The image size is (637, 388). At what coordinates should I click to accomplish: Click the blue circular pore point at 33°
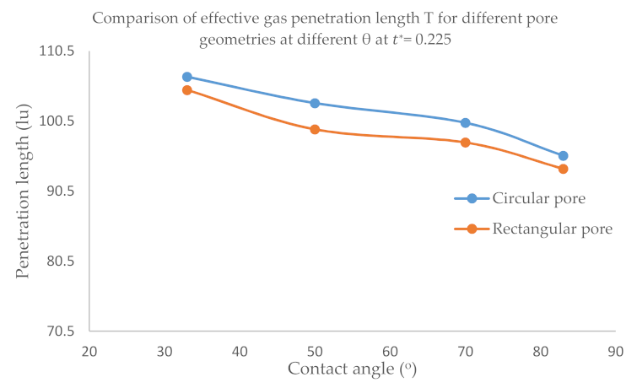coord(187,77)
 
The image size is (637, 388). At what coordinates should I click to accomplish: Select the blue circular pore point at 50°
coord(315,103)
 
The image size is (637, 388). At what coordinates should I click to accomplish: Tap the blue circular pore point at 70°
coord(465,122)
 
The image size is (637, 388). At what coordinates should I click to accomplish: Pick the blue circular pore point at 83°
coord(563,156)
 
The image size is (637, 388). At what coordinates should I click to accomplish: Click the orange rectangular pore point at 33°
coord(187,90)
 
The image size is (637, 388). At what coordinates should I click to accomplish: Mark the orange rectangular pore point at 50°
coord(315,129)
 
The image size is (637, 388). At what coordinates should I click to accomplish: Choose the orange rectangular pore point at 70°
coord(465,143)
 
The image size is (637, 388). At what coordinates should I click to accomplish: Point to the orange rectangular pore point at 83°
coord(563,169)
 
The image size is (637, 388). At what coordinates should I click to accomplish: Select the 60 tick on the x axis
coord(390,350)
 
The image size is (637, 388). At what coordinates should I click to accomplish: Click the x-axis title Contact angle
coord(353,369)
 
